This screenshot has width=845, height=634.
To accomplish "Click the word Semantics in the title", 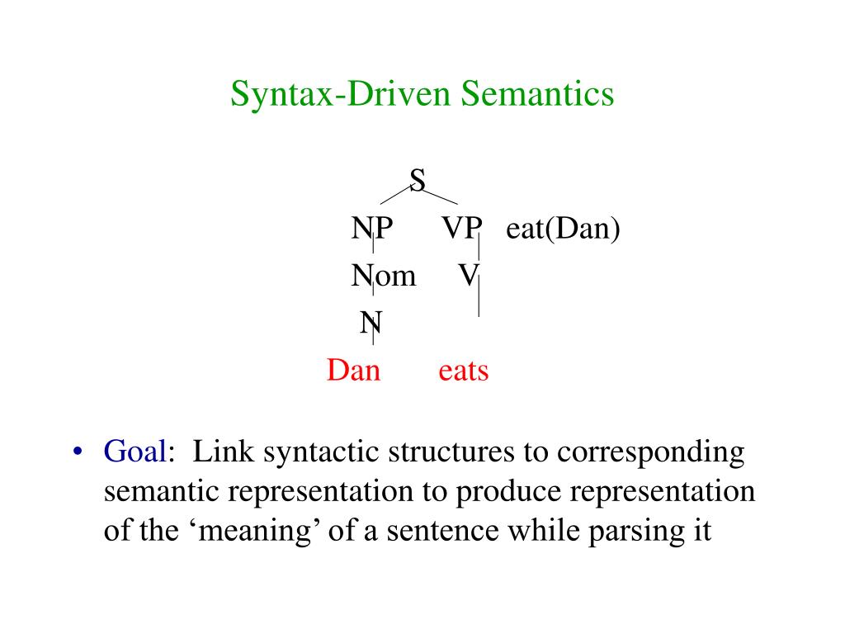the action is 537,93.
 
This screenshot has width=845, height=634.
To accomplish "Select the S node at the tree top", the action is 418,179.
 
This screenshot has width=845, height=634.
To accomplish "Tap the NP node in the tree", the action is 371,227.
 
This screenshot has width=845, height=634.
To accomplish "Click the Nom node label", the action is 384,275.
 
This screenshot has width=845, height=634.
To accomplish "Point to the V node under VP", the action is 468,275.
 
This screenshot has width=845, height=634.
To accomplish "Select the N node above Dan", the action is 371,323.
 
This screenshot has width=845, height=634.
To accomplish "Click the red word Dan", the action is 353,371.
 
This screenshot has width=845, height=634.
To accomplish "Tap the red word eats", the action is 463,371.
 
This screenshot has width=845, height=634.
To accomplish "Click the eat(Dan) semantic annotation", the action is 563,227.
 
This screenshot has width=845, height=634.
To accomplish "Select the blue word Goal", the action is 136,452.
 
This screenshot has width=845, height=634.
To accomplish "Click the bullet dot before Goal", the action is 78,452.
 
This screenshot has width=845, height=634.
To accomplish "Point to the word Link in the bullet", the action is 218,452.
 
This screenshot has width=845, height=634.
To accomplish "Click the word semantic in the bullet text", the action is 163,492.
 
